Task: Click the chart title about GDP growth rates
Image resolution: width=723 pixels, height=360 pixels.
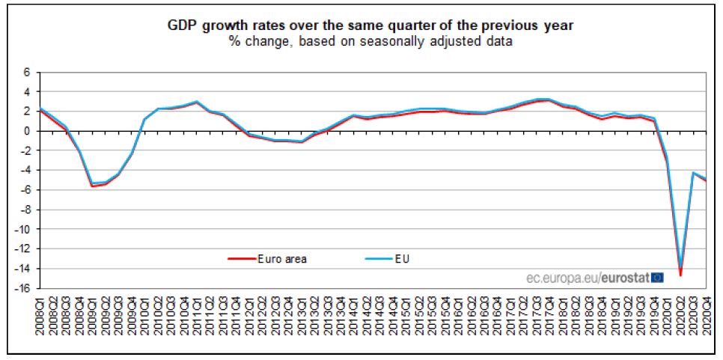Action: (370, 25)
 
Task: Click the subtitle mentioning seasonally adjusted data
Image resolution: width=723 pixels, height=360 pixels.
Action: (370, 41)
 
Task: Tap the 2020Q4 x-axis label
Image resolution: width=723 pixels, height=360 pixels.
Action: (706, 315)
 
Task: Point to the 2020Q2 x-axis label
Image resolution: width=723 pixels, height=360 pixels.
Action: (680, 315)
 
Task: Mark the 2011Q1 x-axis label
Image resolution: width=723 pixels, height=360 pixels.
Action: (196, 315)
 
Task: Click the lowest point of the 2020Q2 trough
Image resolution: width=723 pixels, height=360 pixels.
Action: (680, 275)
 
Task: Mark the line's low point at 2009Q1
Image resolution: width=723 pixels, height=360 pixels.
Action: (92, 185)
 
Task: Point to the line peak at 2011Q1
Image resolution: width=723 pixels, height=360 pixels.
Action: (196, 102)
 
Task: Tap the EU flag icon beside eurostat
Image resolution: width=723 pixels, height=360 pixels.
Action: (656, 277)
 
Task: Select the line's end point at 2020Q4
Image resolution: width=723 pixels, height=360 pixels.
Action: (706, 180)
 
